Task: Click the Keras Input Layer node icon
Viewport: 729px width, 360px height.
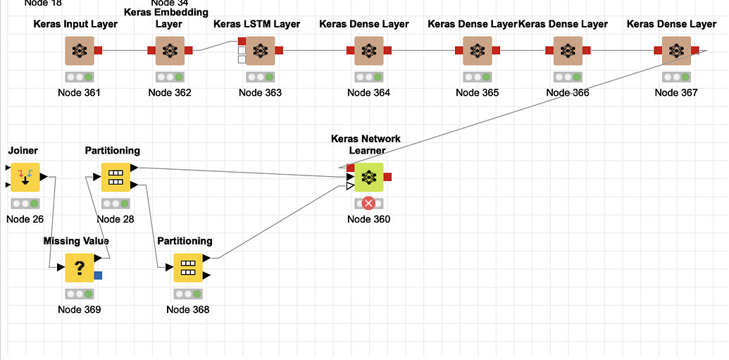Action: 80,51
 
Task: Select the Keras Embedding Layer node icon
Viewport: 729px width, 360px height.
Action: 170,51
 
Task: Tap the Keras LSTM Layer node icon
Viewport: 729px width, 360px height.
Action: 261,51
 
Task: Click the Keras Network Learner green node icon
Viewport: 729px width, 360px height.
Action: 368,177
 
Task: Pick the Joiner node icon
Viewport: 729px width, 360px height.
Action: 25,177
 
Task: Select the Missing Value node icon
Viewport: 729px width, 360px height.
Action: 80,268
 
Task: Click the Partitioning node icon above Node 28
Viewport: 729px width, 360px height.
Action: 116,177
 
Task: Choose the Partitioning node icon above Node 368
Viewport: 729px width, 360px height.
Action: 188,268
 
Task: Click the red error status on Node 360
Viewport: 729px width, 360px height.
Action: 368,204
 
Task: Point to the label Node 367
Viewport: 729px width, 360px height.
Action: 675,92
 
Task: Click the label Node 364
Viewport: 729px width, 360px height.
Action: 368,92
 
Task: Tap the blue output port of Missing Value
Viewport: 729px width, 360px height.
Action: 98,275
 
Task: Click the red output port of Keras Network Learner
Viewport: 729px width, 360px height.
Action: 387,177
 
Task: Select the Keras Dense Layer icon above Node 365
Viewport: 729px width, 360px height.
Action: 477,51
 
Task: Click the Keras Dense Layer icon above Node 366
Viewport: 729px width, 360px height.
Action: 568,51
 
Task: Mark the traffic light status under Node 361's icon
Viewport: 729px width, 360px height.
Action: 80,77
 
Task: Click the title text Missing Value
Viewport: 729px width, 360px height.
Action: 76,241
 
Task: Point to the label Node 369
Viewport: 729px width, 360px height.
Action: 80,309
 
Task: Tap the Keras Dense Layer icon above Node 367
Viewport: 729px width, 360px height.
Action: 676,51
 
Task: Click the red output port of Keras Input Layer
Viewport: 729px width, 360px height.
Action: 99,51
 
